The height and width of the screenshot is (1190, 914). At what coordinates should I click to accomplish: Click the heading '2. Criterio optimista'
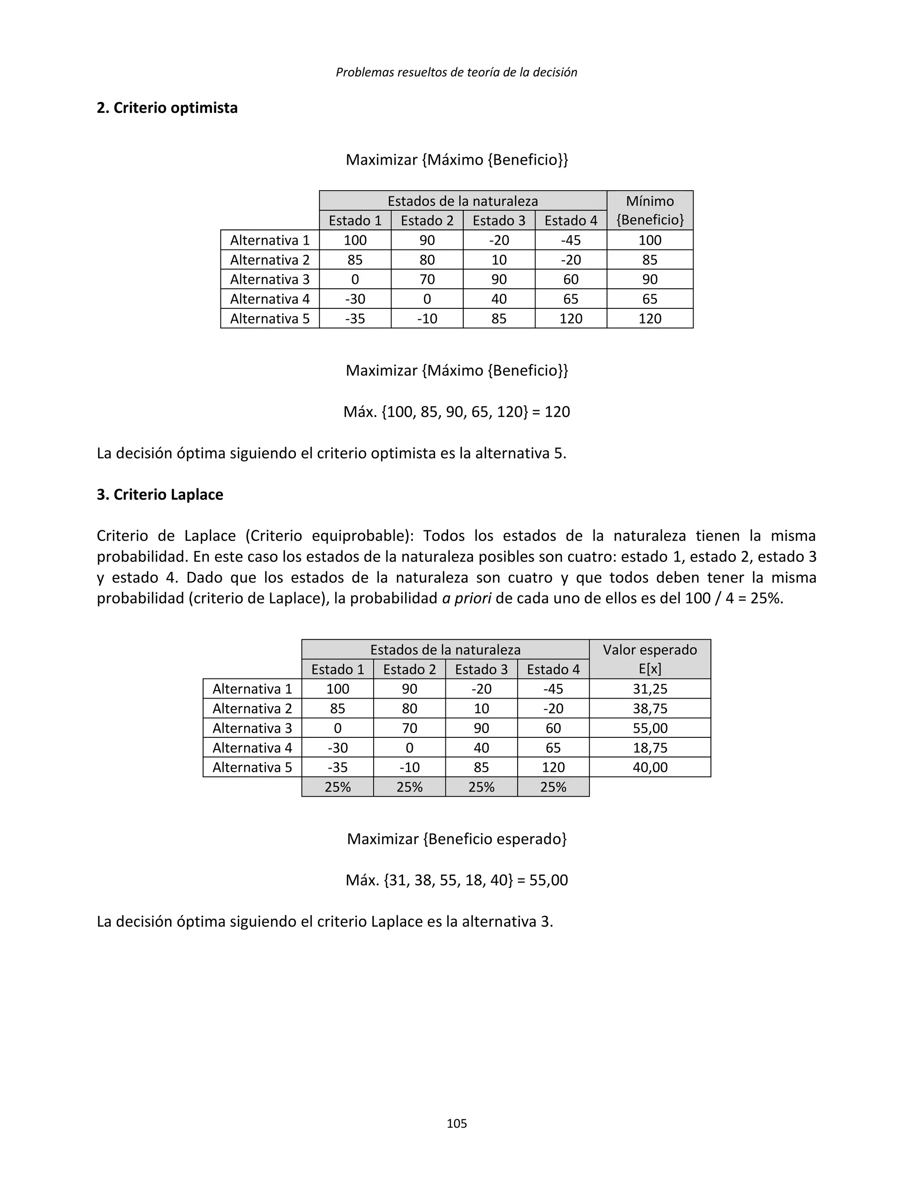tap(167, 108)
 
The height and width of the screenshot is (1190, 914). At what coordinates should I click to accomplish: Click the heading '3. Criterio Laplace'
tap(160, 495)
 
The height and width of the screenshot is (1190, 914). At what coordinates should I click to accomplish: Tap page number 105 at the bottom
tap(457, 1123)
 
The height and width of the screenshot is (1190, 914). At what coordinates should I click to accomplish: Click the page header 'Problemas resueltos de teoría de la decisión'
tap(457, 72)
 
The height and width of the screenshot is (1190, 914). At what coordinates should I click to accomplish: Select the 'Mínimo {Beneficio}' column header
tap(650, 211)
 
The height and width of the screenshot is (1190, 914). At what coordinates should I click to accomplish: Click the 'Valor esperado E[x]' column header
tap(650, 659)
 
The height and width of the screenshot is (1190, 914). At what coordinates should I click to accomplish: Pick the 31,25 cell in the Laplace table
tap(650, 689)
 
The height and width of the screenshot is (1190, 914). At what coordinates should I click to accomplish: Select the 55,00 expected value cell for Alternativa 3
tap(650, 728)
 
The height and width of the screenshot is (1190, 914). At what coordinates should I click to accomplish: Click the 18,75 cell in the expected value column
tap(650, 748)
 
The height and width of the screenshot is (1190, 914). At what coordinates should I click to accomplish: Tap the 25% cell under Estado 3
tap(481, 787)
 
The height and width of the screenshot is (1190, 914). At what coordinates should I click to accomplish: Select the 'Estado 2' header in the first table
tap(427, 221)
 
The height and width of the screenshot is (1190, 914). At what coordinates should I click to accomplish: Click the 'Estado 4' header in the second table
tap(553, 669)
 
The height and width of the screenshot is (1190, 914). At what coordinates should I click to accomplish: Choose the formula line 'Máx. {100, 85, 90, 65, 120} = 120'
tap(457, 412)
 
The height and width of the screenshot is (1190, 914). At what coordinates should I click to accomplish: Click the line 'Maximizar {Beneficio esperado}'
tap(457, 839)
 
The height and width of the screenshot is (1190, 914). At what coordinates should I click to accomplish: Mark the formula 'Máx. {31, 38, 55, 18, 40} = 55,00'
tap(457, 880)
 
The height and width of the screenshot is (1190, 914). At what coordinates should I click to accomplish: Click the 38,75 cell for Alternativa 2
tap(650, 708)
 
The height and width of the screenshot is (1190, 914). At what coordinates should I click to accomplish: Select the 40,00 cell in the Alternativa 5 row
tap(650, 767)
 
